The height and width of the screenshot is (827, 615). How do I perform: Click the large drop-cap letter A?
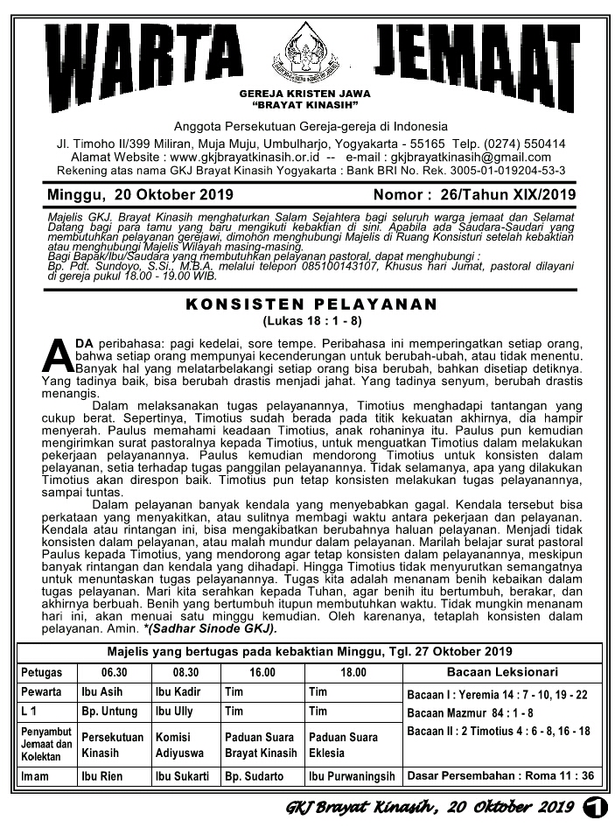coord(55,356)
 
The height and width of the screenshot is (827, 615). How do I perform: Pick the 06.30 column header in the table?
coord(114,673)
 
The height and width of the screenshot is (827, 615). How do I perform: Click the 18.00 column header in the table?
coord(353,673)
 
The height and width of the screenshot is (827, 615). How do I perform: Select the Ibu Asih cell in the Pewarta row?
coord(98,692)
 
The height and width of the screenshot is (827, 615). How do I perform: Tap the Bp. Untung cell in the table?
coord(109,712)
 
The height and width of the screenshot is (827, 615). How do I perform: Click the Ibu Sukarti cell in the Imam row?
coord(182,776)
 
